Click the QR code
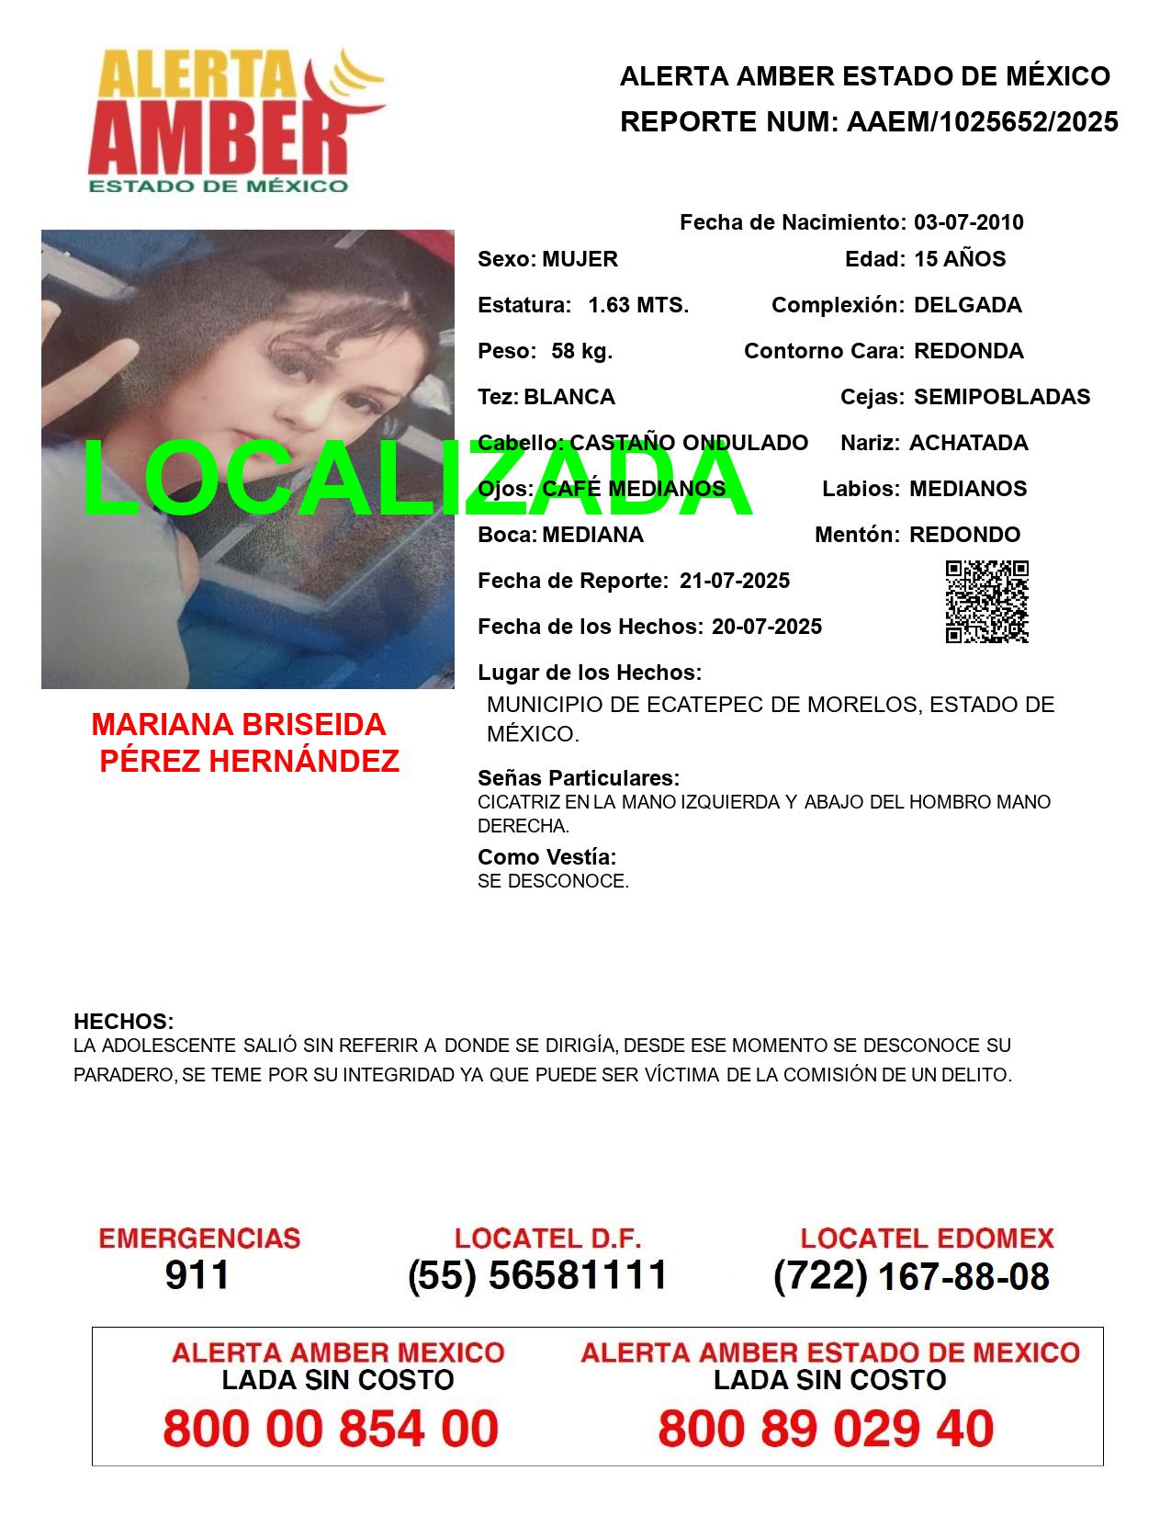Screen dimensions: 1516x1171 987,602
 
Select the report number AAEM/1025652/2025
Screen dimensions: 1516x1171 982,122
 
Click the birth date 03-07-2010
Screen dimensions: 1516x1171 968,222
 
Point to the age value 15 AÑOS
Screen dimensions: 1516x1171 960,259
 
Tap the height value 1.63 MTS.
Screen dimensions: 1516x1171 638,305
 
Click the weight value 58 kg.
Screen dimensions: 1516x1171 581,351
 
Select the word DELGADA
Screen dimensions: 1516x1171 967,305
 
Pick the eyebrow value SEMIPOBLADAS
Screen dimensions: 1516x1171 1002,397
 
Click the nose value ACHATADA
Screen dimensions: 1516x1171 968,443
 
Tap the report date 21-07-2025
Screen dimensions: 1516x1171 734,581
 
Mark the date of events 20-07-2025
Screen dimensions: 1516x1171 766,627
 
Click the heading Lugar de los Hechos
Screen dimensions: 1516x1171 590,673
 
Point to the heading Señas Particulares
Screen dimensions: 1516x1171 579,778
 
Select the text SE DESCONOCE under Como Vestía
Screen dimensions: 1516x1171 553,881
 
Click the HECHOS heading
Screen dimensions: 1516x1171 123,1022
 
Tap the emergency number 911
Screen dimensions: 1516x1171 197,1275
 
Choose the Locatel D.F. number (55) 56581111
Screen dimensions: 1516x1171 537,1275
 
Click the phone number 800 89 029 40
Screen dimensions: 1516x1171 826,1430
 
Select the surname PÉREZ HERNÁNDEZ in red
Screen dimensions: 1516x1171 249,761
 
